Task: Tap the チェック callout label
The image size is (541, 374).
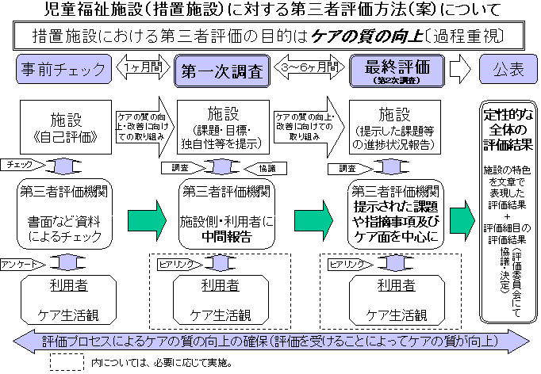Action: (19, 164)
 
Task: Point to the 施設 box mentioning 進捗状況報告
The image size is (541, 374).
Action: (394, 125)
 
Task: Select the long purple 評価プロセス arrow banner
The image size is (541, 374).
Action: (270, 342)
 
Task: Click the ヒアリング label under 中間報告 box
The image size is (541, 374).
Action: (171, 261)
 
